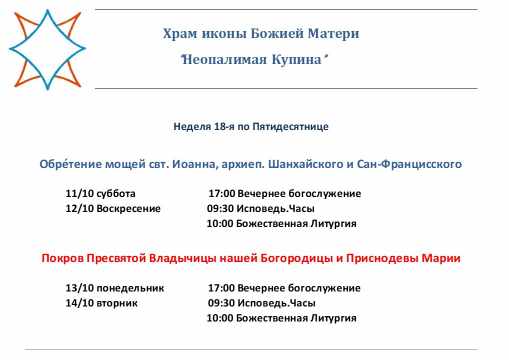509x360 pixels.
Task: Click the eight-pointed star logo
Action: point(47,49)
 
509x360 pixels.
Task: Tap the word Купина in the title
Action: point(296,60)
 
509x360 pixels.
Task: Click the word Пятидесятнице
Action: point(290,127)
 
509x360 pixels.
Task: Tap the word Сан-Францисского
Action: point(409,164)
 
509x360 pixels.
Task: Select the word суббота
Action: point(116,193)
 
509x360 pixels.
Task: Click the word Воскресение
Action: point(128,209)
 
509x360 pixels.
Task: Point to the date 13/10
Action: point(80,288)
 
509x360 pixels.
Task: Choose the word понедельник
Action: point(130,288)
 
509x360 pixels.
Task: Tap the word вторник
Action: point(117,303)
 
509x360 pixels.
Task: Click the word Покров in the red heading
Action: point(62,258)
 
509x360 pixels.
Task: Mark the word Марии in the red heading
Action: point(441,258)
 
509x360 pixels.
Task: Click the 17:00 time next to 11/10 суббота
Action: point(222,193)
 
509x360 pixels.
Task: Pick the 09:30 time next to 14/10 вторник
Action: point(221,303)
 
